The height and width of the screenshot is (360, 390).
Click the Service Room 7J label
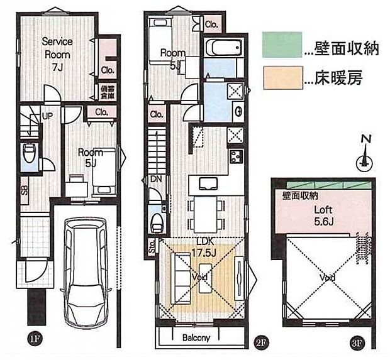pyautogui.click(x=57, y=54)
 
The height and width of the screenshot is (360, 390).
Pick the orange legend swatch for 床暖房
pyautogui.click(x=281, y=80)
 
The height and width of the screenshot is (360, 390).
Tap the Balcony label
pyautogui.click(x=196, y=338)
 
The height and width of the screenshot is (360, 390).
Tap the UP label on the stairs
pyautogui.click(x=47, y=116)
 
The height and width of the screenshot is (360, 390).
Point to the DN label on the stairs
pyautogui.click(x=155, y=179)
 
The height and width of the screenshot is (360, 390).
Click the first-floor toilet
pyautogui.click(x=29, y=155)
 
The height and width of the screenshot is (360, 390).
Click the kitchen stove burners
pyautogui.click(x=235, y=156)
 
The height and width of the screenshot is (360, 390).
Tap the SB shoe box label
pyautogui.click(x=23, y=190)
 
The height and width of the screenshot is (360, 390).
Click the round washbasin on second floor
pyautogui.click(x=238, y=111)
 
